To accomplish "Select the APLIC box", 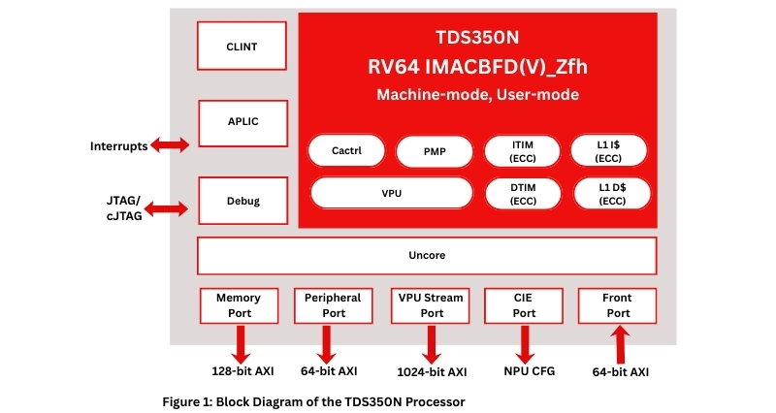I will [242, 122].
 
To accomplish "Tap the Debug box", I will [242, 202].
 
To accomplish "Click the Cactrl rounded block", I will [346, 151].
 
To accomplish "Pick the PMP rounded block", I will [435, 151].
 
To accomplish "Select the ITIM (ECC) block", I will [522, 151].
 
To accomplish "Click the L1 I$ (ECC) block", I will [609, 151].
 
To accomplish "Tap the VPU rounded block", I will [391, 193].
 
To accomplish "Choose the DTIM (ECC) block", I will [522, 193].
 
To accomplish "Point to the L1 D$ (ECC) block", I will [609, 193].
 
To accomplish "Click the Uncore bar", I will [426, 256].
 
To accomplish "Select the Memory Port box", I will [239, 305].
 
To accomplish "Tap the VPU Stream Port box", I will [429, 305].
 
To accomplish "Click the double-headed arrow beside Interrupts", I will [170, 145].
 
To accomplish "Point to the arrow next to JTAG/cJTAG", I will [170, 207].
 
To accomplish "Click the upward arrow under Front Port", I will [618, 344].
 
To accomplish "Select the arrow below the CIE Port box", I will [525, 343].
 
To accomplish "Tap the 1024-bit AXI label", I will [432, 371].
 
